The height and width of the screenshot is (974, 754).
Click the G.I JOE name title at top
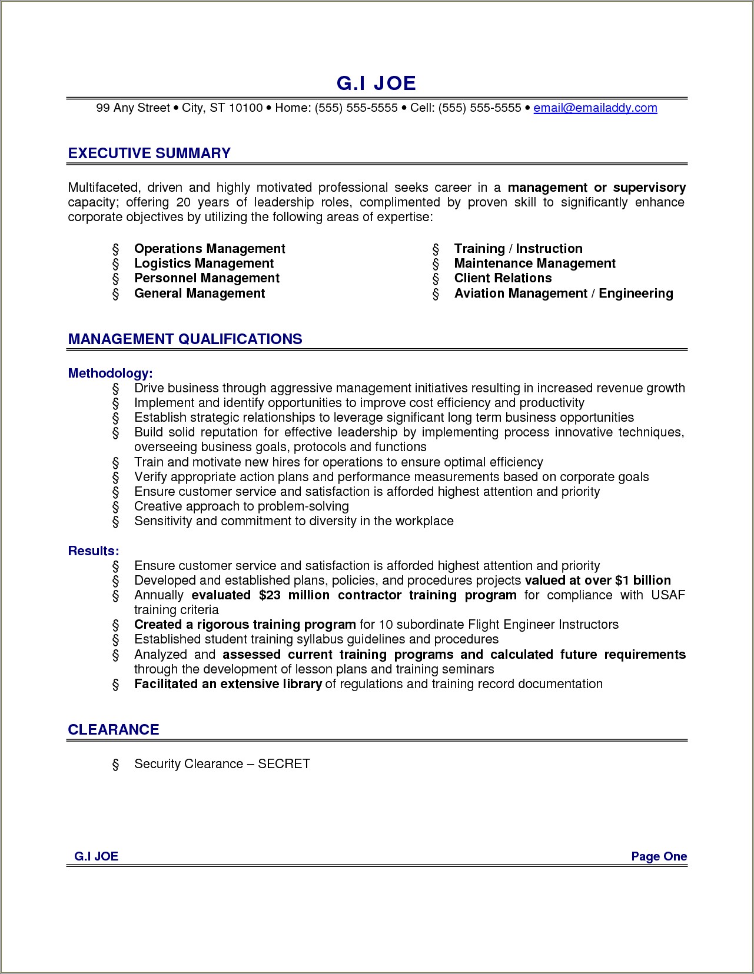click(376, 83)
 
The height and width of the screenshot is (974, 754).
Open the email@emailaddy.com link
click(595, 108)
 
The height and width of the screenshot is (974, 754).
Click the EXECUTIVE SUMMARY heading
click(149, 154)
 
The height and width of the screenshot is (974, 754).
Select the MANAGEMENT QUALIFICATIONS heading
click(185, 339)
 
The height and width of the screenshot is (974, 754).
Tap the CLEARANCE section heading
click(114, 729)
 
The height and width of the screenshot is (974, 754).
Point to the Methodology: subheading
click(111, 373)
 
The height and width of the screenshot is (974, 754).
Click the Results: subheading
click(94, 551)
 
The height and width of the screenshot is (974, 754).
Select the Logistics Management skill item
click(204, 263)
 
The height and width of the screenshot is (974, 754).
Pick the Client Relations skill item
click(503, 278)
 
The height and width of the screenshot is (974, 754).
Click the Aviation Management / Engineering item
click(563, 293)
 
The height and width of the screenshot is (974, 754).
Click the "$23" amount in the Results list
click(271, 595)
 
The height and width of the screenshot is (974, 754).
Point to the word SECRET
click(284, 763)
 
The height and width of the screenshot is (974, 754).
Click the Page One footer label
click(659, 856)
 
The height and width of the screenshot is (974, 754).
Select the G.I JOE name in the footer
click(97, 856)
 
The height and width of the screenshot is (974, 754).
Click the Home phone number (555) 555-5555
click(356, 108)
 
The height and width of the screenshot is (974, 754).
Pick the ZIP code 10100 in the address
click(245, 108)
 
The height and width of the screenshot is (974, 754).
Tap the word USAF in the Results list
click(668, 595)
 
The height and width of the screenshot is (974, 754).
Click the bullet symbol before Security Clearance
click(115, 764)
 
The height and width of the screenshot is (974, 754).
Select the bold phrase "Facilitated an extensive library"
click(228, 684)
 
